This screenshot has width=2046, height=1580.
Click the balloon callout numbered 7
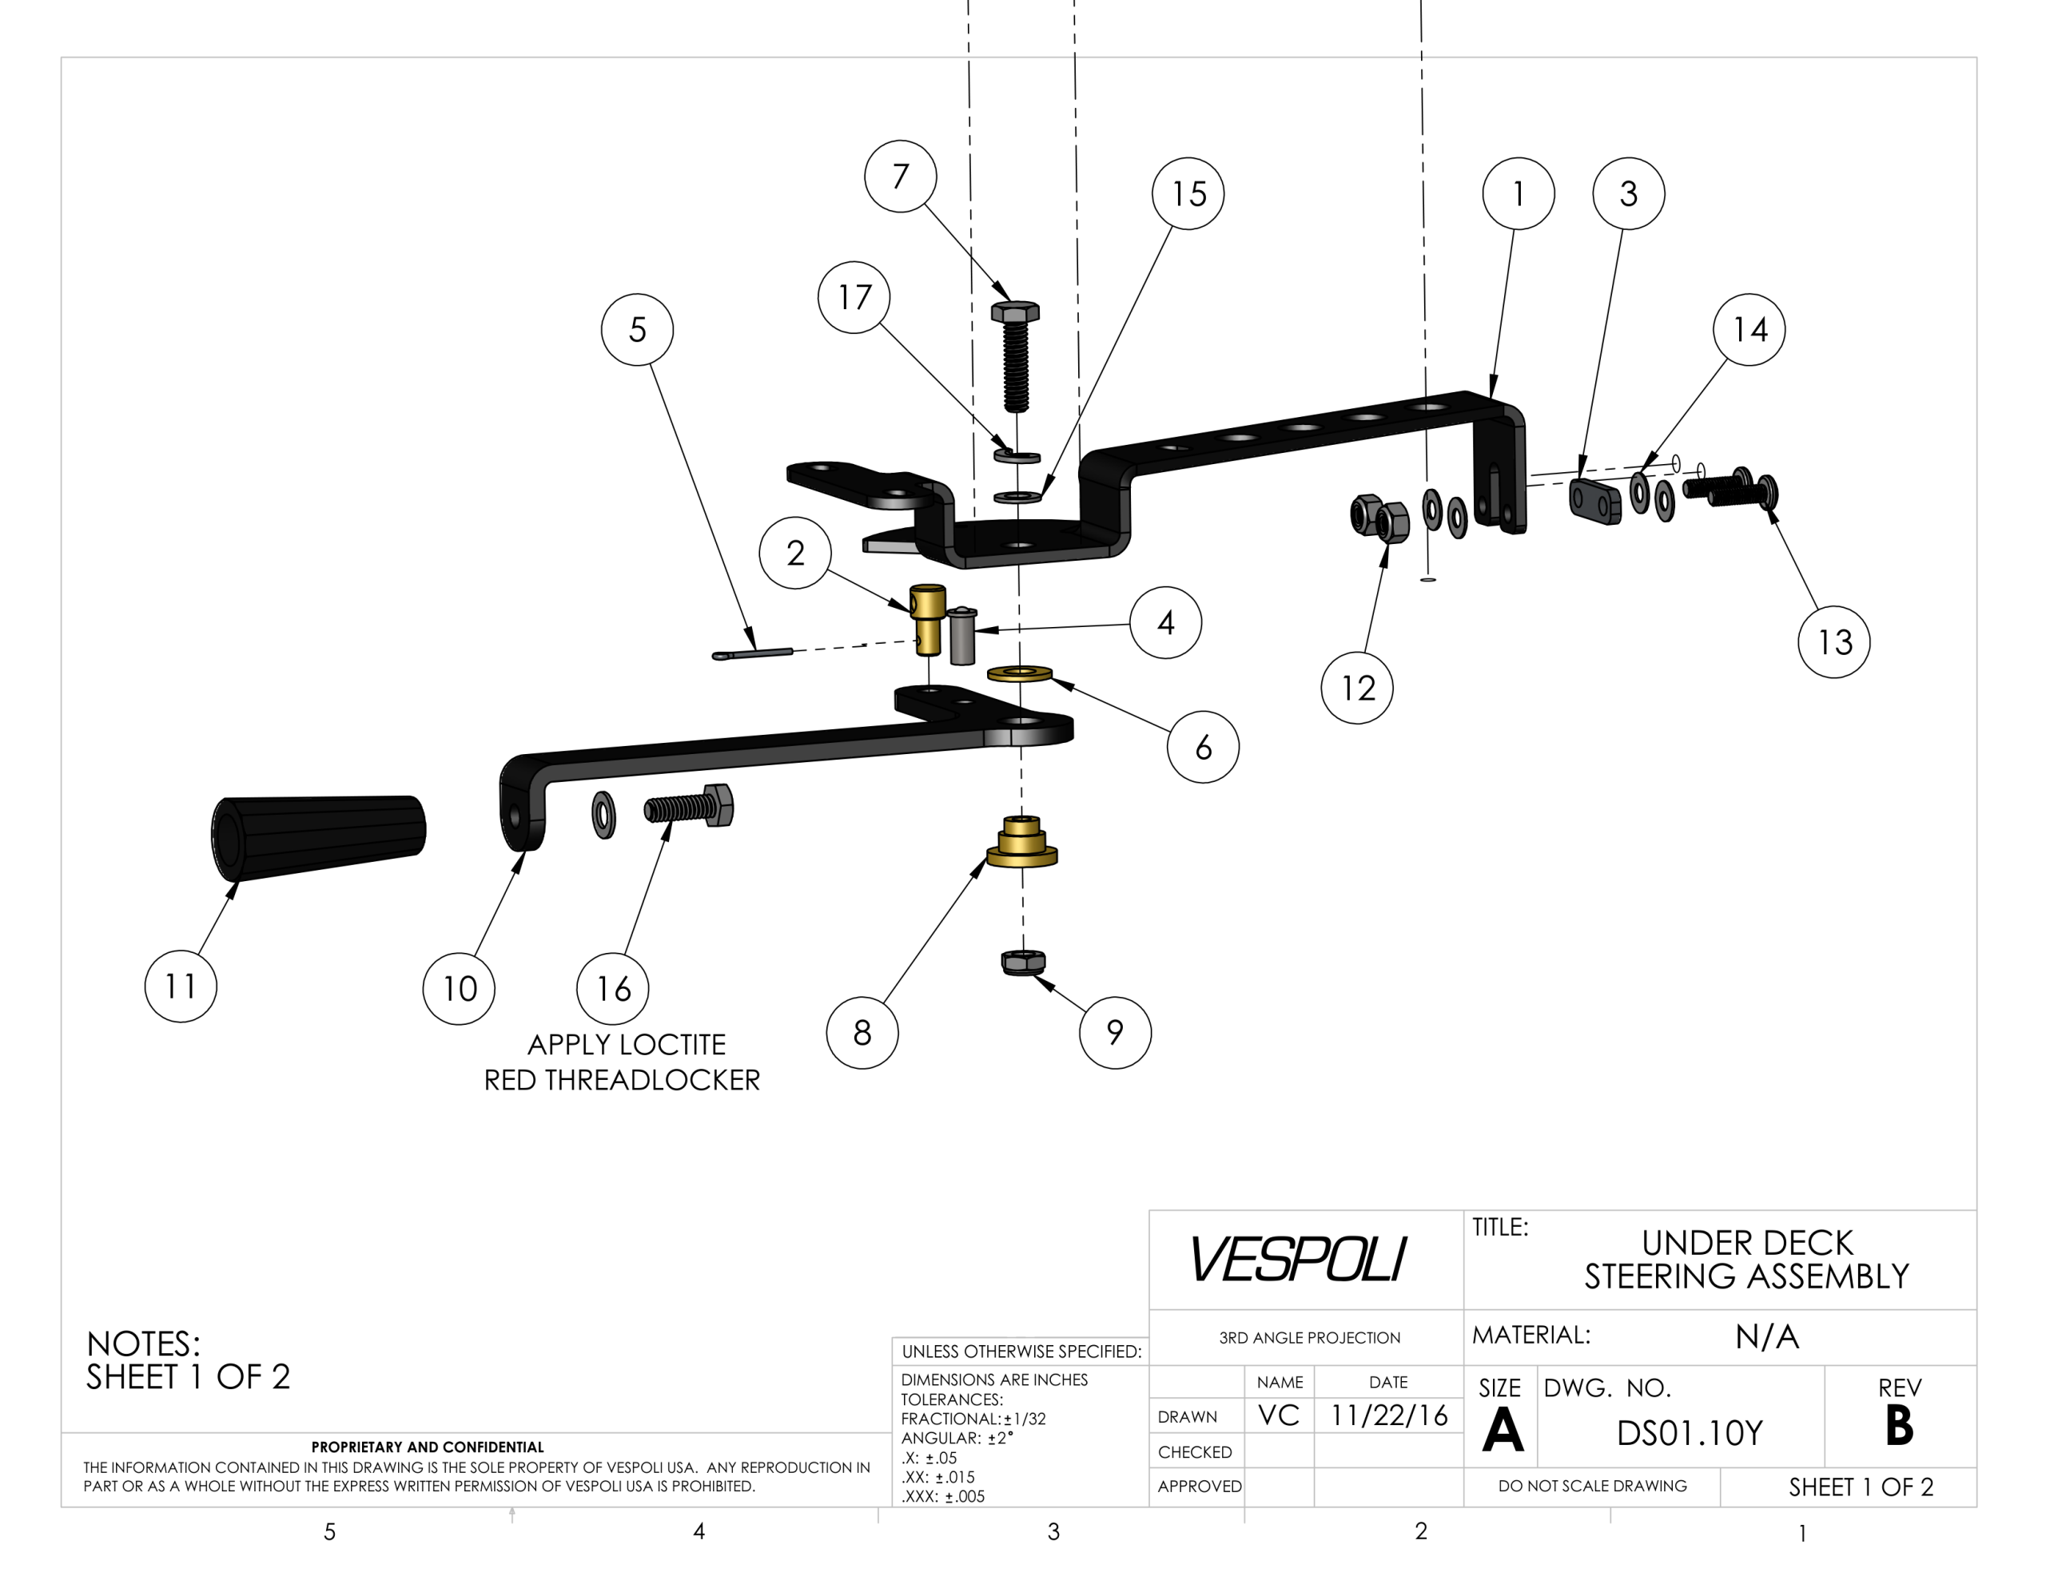click(900, 176)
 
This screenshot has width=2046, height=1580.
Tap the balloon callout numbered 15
click(1188, 194)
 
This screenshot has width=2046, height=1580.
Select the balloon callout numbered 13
click(1833, 642)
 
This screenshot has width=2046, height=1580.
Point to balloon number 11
click(181, 987)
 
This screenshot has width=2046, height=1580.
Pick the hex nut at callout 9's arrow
click(1023, 962)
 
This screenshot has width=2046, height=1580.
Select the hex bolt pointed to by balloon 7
click(1014, 356)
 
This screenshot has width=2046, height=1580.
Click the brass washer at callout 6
click(1020, 673)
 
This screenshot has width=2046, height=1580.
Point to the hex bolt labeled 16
click(690, 807)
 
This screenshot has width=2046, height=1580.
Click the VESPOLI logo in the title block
click(1297, 1259)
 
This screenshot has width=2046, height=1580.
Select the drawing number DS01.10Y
click(1689, 1433)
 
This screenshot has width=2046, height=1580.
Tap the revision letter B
click(1899, 1427)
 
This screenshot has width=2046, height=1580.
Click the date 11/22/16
click(1388, 1415)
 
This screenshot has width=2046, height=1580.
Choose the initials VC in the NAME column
click(1279, 1415)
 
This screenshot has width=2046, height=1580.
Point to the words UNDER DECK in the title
click(1746, 1243)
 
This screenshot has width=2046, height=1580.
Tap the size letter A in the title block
click(1502, 1431)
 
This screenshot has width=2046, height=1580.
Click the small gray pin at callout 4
click(962, 636)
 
